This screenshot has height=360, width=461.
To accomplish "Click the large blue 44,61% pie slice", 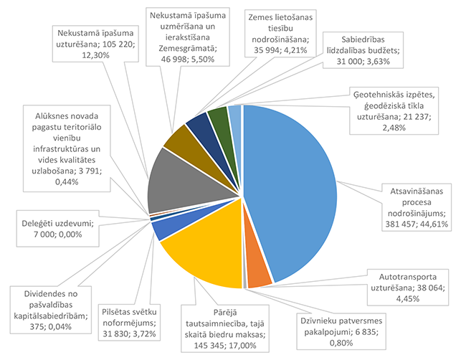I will [294, 186].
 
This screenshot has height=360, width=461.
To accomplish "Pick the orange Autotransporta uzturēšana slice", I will [257, 275].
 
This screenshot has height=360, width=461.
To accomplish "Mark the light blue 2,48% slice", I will [234, 115].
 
